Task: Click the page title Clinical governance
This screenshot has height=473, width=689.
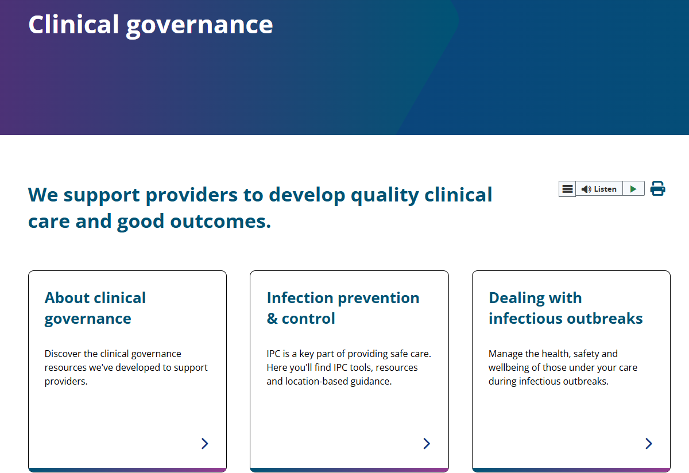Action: coord(150,25)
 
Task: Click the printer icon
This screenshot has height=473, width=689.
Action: coord(657,188)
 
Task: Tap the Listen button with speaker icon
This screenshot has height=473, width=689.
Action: coord(599,189)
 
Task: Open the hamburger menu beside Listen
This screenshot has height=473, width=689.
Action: coord(567,189)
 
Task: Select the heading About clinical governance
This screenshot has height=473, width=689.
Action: coord(95,308)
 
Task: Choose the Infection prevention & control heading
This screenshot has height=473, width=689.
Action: coord(343,308)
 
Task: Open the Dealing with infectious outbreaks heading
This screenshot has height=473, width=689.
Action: coord(566,308)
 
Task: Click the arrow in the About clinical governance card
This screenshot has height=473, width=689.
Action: coord(204,443)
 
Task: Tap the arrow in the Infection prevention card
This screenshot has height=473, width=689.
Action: coord(427,443)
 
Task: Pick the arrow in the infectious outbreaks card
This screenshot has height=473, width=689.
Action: coord(648,443)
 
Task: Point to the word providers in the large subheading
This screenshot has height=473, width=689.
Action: coord(191,195)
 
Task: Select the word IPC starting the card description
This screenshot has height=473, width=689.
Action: coord(273,354)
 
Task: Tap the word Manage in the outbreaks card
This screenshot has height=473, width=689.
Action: coord(506,354)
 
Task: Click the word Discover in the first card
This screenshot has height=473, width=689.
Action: coord(63,354)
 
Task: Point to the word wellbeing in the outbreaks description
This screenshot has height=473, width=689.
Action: coord(510,367)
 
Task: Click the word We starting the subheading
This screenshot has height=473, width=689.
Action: coord(42,195)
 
